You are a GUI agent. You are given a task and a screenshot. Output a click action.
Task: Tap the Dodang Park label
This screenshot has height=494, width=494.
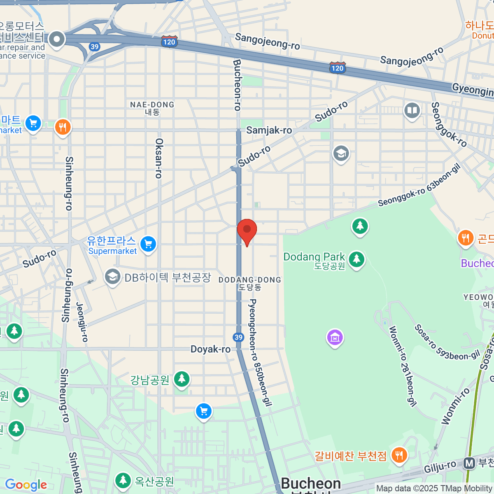coord(314,257)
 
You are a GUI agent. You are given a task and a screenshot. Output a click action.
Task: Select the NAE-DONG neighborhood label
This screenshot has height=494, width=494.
coord(152,105)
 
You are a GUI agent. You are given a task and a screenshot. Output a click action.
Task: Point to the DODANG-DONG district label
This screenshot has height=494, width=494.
coord(249,280)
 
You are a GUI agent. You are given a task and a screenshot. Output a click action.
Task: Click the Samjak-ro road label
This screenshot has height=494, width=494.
coord(269,130)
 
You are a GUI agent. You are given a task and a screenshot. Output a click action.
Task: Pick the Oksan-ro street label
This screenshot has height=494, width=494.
coord(159,158)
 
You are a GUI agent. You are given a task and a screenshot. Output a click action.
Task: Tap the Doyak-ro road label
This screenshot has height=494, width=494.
coord(210,350)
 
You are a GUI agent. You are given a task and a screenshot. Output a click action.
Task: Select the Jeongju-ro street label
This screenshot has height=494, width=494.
coord(82,322)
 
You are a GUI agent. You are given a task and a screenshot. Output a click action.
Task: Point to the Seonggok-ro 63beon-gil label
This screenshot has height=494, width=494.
coord(419,185)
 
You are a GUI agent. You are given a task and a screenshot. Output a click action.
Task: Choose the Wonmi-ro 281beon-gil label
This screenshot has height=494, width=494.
coord(402,366)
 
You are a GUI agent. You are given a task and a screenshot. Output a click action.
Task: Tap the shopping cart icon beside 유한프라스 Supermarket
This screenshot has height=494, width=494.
coord(148,244)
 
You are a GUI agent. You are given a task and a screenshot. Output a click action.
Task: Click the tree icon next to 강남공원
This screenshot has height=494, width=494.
coord(182,379)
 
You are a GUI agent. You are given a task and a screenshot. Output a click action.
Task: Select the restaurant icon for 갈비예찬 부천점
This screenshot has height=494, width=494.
coord(398,455)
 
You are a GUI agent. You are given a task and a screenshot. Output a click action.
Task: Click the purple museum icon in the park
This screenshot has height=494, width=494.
coord(335,338)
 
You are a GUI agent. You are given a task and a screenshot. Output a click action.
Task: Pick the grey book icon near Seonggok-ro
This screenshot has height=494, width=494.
coord(412,110)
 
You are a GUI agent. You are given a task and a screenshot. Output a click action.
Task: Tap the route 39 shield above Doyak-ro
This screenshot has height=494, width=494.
coord(238,338)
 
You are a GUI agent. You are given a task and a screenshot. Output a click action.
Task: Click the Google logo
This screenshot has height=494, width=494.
coord(26,485)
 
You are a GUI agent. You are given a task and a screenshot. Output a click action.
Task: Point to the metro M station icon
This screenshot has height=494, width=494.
coord(469,464)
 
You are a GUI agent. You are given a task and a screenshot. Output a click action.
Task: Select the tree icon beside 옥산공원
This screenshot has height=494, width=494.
coord(122,480)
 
